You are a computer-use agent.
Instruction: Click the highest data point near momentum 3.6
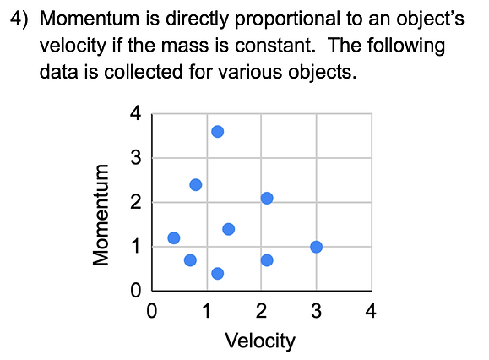click(217, 131)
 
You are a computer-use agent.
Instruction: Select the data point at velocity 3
click(316, 247)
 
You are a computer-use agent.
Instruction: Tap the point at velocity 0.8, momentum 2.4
click(195, 184)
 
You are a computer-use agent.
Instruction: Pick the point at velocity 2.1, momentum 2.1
click(267, 198)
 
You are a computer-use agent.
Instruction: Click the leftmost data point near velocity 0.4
click(173, 237)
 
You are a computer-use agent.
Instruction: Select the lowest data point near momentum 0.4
click(217, 273)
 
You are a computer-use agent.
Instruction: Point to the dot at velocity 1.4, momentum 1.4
click(228, 229)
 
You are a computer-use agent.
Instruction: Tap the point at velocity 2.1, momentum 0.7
click(267, 259)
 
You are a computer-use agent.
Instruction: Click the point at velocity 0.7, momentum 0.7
click(190, 259)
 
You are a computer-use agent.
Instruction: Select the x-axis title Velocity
click(260, 341)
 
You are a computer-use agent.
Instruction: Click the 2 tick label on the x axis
click(261, 311)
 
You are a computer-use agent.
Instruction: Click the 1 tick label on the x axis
click(206, 311)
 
